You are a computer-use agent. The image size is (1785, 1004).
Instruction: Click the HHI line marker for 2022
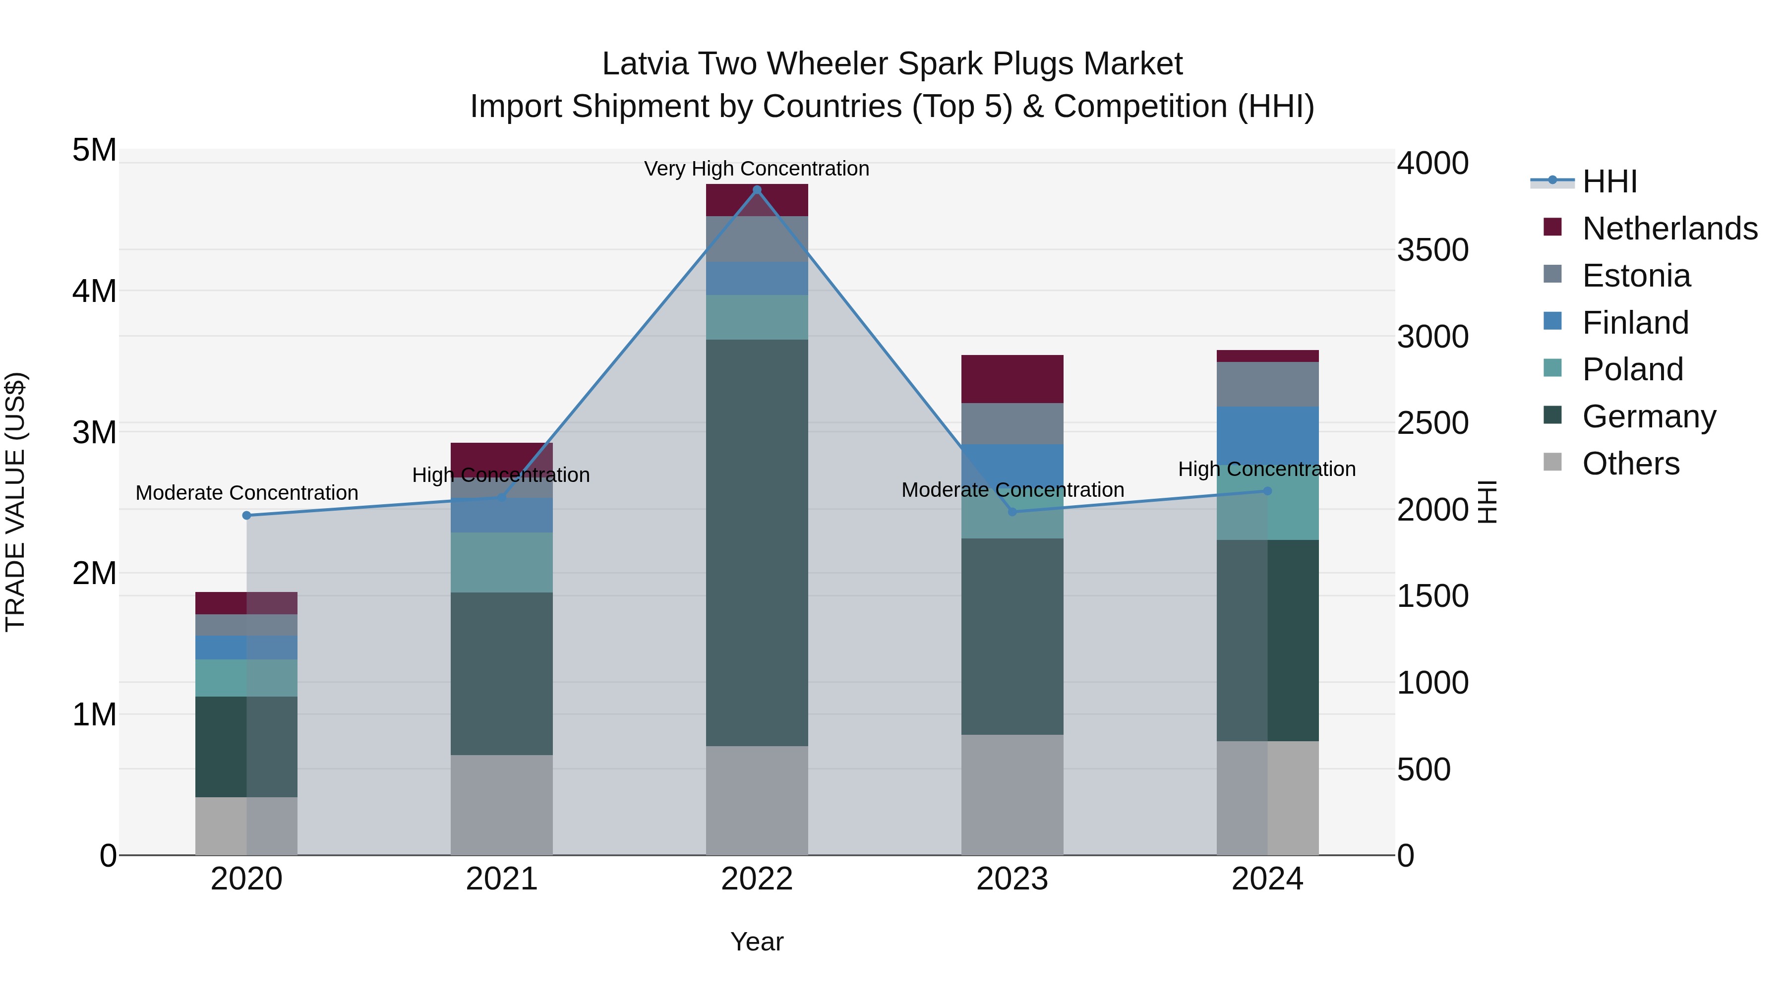pyautogui.click(x=757, y=190)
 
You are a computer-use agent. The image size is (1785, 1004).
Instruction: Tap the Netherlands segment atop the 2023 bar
pyautogui.click(x=1011, y=378)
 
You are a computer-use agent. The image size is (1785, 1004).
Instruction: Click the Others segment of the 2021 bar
pyautogui.click(x=502, y=804)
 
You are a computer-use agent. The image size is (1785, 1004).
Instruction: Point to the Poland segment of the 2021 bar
pyautogui.click(x=502, y=562)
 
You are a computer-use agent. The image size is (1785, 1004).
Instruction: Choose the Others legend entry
pyautogui.click(x=1630, y=464)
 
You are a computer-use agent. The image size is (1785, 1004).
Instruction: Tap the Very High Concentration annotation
pyautogui.click(x=756, y=169)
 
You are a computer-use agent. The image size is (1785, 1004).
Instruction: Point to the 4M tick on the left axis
pyautogui.click(x=94, y=291)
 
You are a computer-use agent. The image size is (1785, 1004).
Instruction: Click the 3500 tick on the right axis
pyautogui.click(x=1431, y=250)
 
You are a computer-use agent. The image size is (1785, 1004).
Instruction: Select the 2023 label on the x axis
pyautogui.click(x=1011, y=879)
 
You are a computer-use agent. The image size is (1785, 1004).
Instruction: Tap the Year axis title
pyautogui.click(x=757, y=942)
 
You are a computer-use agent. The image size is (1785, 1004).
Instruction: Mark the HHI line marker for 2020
pyautogui.click(x=247, y=516)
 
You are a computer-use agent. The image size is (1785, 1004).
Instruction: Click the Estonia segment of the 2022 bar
pyautogui.click(x=757, y=238)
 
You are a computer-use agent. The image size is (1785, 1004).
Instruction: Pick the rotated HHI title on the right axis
pyautogui.click(x=1487, y=502)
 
